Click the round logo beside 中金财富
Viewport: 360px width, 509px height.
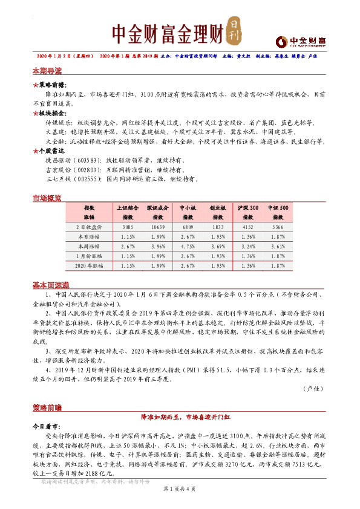280,41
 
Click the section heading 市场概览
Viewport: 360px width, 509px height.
47,198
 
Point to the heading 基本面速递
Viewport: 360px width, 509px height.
51,285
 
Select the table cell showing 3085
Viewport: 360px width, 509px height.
128,227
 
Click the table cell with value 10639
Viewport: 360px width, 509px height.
157,227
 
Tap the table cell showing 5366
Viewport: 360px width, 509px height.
278,227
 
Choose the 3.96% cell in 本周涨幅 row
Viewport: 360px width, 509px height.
157,247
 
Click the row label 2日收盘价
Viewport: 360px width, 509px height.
89,227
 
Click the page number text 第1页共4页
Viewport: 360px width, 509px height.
180,505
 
